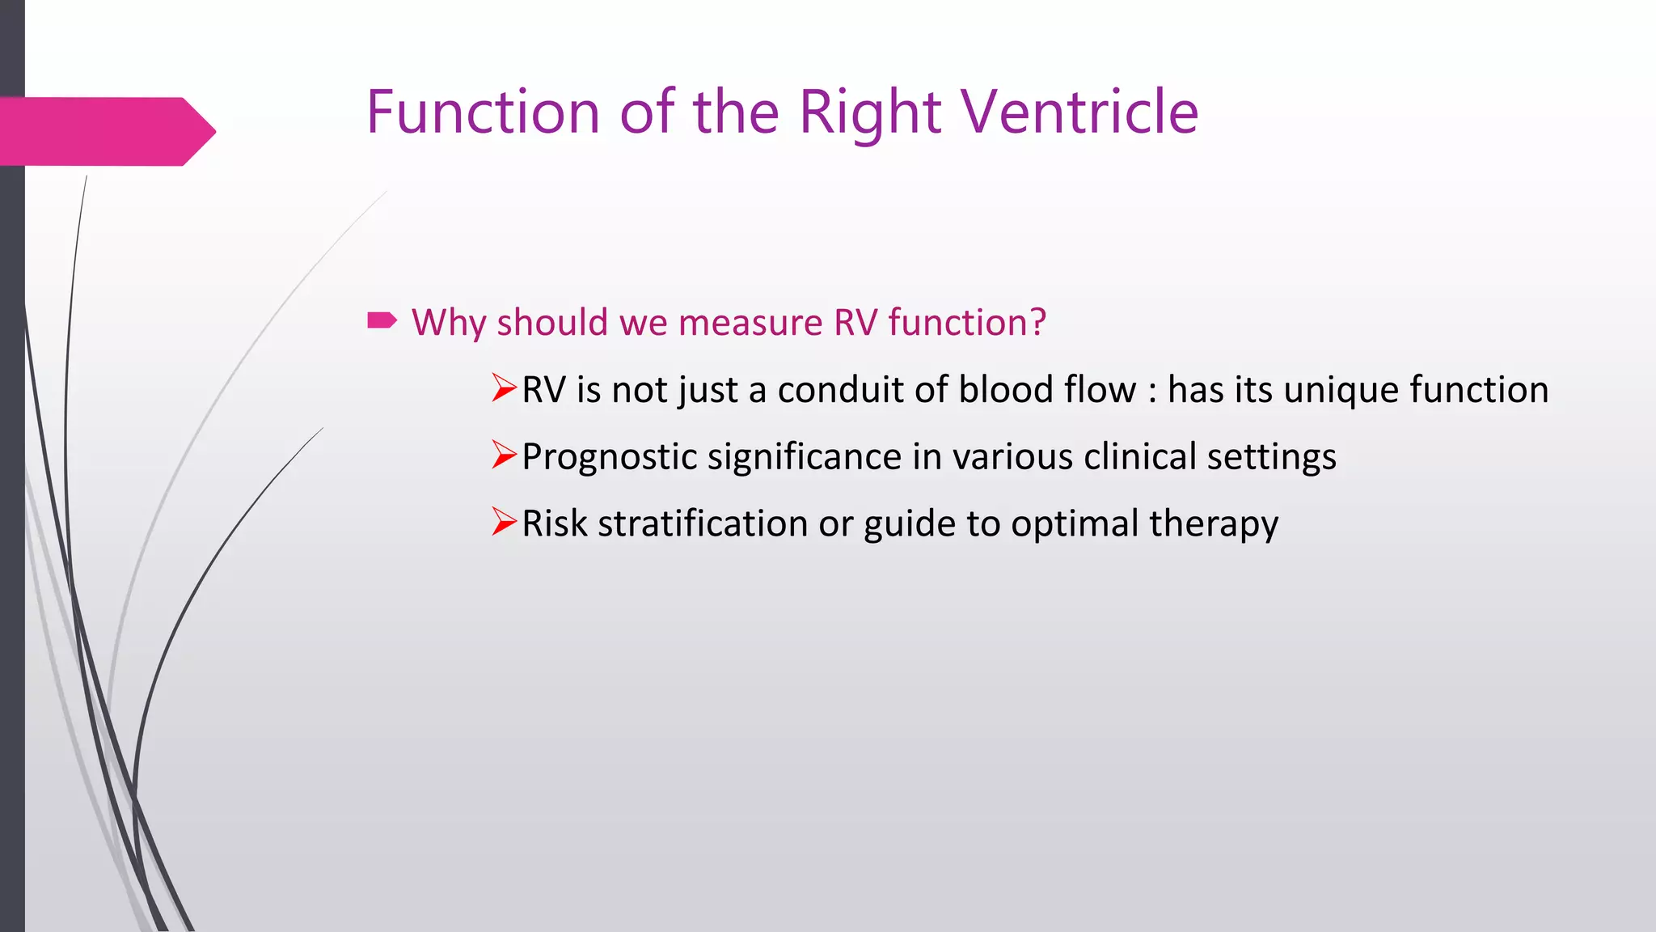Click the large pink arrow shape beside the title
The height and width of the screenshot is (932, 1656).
point(105,132)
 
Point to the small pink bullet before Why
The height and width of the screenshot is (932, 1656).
point(382,321)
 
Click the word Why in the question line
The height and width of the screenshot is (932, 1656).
point(449,322)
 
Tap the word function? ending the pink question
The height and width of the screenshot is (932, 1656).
point(967,322)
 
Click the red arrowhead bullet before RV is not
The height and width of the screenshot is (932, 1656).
point(504,389)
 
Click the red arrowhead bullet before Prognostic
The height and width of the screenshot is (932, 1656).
point(504,456)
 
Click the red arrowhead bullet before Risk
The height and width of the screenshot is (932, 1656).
point(504,523)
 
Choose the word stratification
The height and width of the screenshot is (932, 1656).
point(703,523)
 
